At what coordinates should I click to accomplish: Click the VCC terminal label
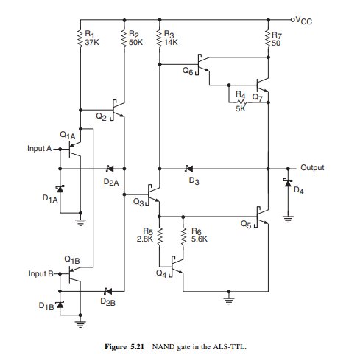(304, 21)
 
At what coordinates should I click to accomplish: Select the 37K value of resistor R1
(92, 42)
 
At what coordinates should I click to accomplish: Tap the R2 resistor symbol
(124, 38)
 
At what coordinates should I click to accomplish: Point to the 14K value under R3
(171, 42)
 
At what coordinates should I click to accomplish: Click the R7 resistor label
(277, 35)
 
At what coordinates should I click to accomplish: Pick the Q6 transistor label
(188, 71)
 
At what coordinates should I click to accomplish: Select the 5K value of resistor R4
(241, 108)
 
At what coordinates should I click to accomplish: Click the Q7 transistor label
(258, 97)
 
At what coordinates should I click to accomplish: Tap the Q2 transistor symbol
(117, 110)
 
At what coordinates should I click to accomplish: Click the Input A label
(40, 148)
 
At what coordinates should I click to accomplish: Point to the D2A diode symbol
(110, 169)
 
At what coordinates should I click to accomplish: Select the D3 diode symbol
(188, 169)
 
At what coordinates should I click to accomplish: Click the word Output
(312, 167)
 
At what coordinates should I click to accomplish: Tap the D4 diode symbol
(288, 183)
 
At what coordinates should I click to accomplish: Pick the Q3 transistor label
(138, 202)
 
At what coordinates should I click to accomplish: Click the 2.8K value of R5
(145, 239)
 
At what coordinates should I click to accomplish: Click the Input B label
(40, 273)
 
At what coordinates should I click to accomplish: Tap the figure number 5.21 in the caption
(137, 347)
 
